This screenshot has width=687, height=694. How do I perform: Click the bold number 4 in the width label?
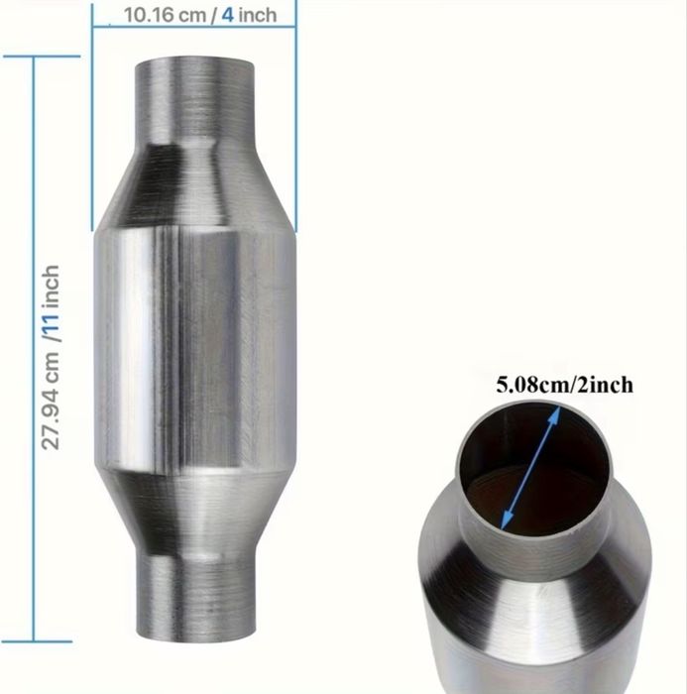pos(228,15)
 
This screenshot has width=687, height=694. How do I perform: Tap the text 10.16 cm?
pos(165,15)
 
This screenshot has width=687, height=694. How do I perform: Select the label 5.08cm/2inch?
pos(564,385)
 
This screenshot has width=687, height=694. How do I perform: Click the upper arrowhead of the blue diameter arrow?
pos(555,414)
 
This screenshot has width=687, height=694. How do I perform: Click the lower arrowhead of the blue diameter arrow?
pos(507,520)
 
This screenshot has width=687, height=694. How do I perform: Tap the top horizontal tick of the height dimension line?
pos(42,57)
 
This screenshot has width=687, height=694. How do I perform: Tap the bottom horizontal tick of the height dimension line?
pos(38,640)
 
